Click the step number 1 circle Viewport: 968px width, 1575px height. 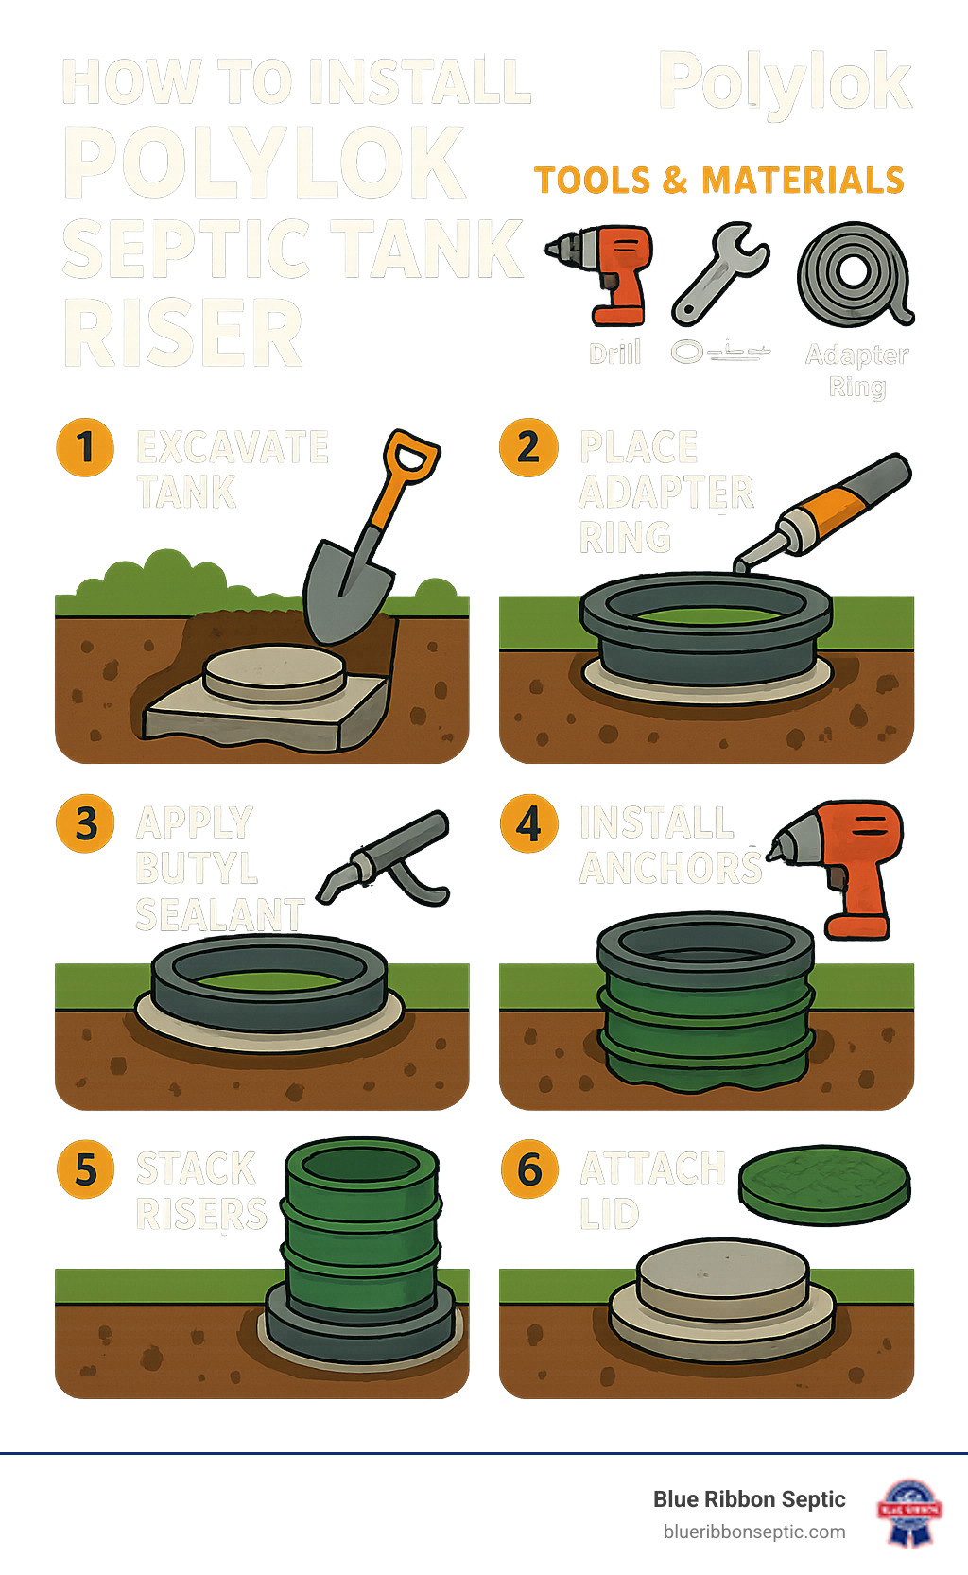pos(85,447)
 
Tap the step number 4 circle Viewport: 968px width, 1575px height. pos(528,823)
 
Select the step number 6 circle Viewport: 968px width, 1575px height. pos(529,1169)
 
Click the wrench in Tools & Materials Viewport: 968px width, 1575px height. pos(720,273)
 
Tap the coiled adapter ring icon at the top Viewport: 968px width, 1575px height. pos(855,274)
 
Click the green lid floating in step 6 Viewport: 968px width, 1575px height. pos(823,1186)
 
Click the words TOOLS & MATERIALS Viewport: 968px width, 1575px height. pos(719,180)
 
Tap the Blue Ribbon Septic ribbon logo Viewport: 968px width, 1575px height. pos(909,1511)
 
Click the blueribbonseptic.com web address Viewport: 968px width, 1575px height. pos(754,1532)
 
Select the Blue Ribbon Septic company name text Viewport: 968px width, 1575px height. pos(749,1499)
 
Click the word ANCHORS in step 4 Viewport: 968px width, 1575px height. pos(669,868)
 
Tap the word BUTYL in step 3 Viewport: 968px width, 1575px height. pos(197,868)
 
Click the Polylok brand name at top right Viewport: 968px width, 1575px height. pos(785,83)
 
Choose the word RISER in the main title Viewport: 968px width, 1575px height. pos(183,334)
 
